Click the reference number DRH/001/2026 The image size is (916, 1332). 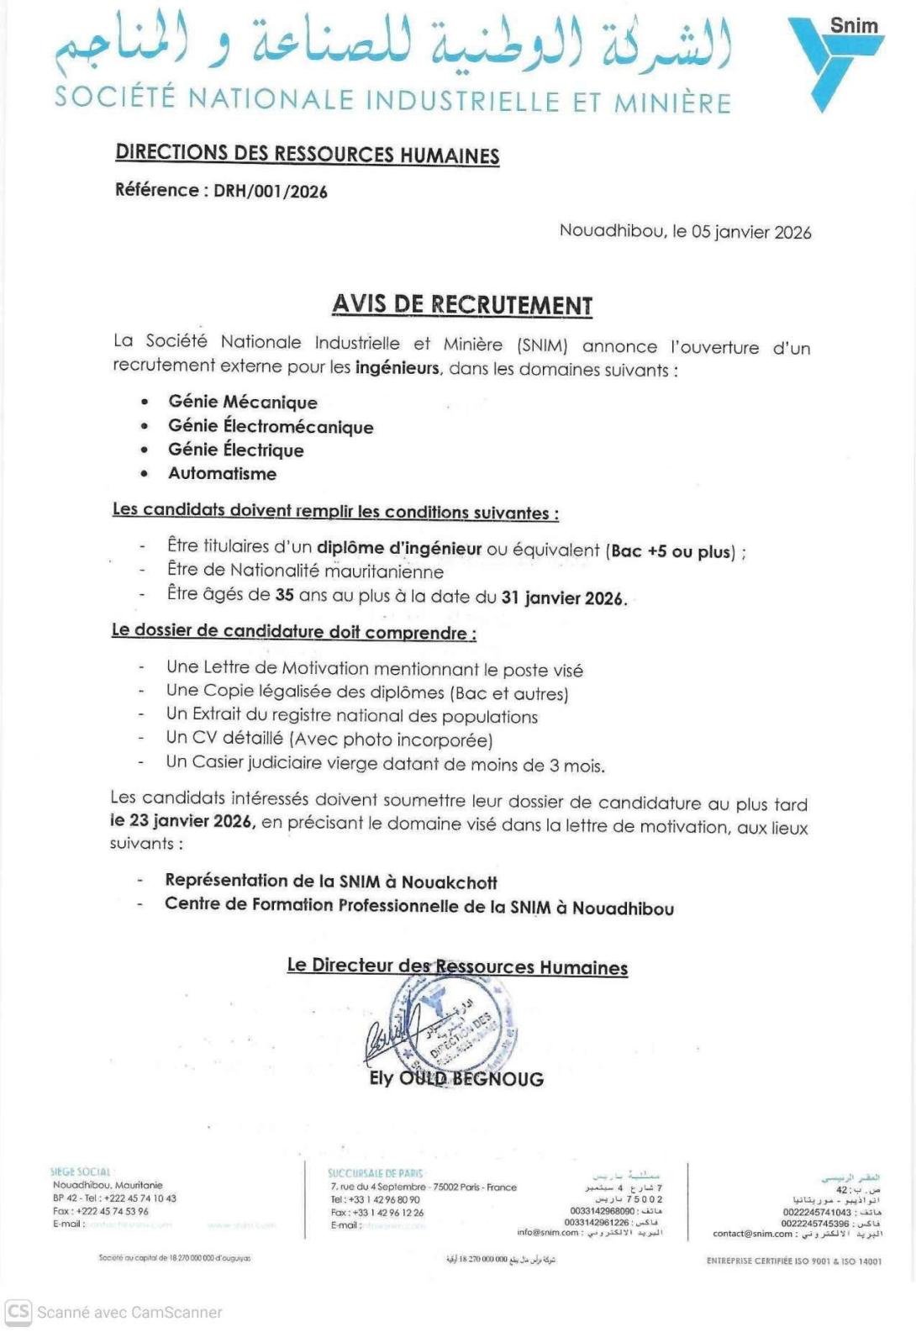pyautogui.click(x=270, y=191)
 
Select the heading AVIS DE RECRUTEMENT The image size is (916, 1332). pyautogui.click(x=462, y=304)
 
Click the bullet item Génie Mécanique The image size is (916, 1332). pyautogui.click(x=243, y=402)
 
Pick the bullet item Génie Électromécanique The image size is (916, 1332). pyautogui.click(x=271, y=426)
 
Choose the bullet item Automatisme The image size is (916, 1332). pyautogui.click(x=222, y=473)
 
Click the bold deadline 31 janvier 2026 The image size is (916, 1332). pyautogui.click(x=563, y=598)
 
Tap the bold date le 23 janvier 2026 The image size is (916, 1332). pyautogui.click(x=182, y=821)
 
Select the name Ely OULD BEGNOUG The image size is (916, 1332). pyautogui.click(x=456, y=1078)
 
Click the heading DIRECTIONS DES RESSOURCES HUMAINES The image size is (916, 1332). pyautogui.click(x=308, y=154)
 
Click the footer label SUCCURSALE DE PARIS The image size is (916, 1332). pyautogui.click(x=376, y=1172)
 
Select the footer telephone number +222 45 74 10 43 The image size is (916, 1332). pyautogui.click(x=140, y=1198)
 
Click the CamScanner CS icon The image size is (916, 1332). pyautogui.click(x=18, y=1311)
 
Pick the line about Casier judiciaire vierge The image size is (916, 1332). pyautogui.click(x=385, y=764)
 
